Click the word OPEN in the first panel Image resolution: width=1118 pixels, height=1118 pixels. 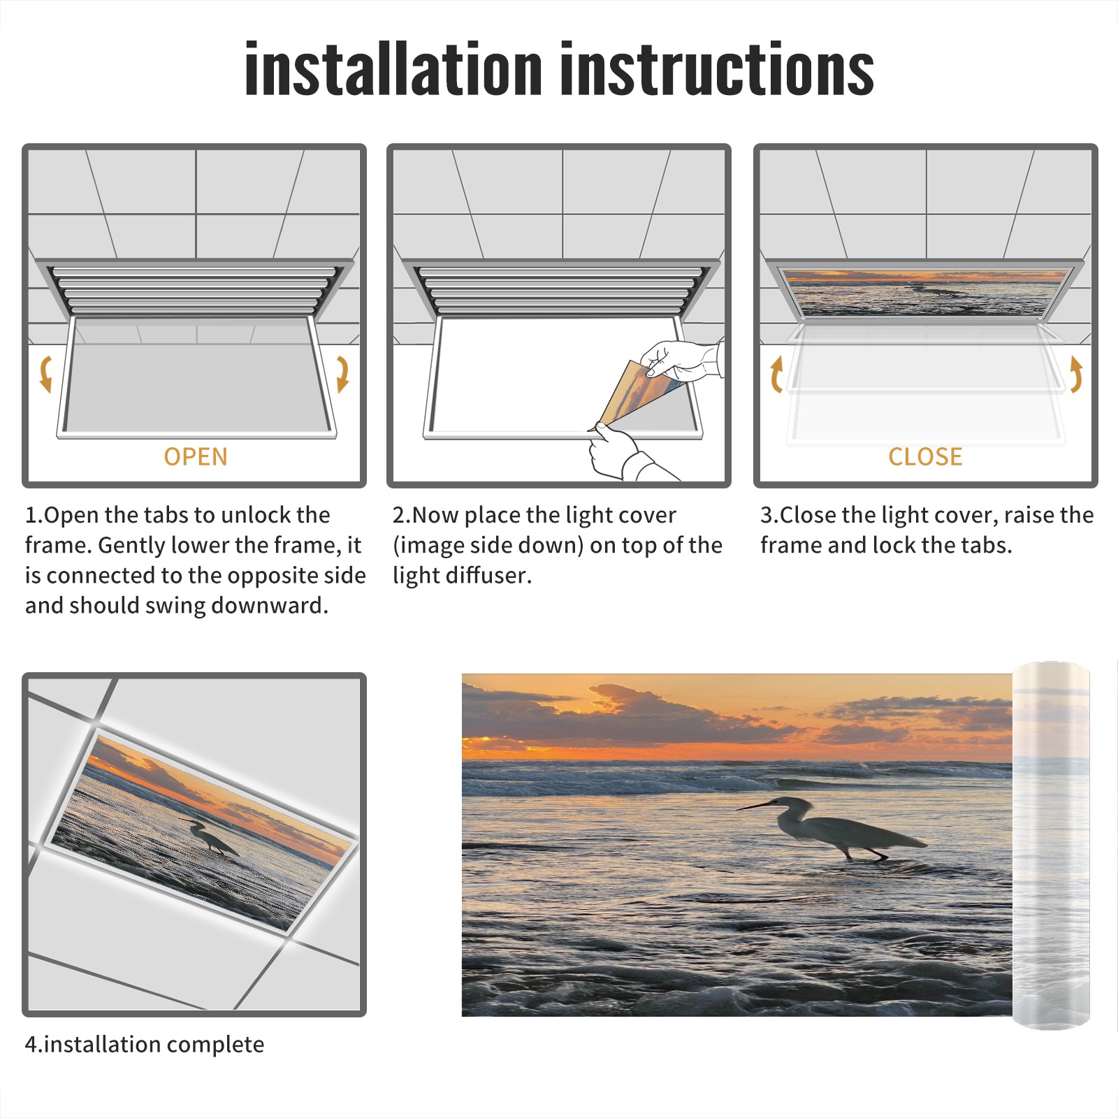pyautogui.click(x=196, y=457)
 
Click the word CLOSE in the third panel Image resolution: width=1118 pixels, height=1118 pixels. pyautogui.click(x=925, y=457)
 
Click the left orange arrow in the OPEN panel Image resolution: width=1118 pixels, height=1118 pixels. pyautogui.click(x=45, y=374)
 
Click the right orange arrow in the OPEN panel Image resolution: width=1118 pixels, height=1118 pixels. pyautogui.click(x=342, y=374)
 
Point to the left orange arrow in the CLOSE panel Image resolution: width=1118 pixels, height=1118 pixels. pyautogui.click(x=776, y=374)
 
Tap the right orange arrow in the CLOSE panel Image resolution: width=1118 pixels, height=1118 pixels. pyautogui.click(x=1076, y=374)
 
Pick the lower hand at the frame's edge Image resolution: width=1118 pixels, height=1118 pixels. pyautogui.click(x=622, y=452)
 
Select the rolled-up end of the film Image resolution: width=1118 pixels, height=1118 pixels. pyautogui.click(x=1051, y=845)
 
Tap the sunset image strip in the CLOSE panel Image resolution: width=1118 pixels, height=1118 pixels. pyautogui.click(x=925, y=293)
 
